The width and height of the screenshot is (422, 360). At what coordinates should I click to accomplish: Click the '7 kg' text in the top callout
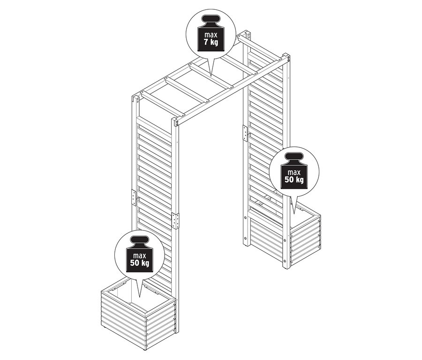click(211, 42)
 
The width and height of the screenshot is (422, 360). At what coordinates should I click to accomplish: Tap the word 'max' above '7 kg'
click(211, 35)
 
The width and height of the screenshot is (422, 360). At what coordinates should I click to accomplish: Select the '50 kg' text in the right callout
click(294, 180)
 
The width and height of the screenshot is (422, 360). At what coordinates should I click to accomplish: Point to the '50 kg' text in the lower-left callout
click(139, 263)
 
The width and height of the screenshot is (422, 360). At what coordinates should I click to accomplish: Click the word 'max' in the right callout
click(294, 172)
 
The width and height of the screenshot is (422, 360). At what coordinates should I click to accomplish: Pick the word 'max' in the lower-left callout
click(139, 255)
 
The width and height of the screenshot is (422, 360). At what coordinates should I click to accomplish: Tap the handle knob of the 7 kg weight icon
click(211, 19)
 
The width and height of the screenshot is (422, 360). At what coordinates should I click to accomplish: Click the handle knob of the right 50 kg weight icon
click(294, 157)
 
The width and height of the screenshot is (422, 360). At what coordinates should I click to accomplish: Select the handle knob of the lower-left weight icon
click(139, 240)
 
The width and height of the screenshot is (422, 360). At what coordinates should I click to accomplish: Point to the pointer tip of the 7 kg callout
click(211, 76)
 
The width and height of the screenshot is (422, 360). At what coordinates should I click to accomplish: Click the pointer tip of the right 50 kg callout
click(294, 214)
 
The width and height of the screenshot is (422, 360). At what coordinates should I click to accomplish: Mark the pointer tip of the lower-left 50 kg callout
click(140, 297)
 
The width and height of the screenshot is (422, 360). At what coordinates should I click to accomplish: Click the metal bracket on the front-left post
click(175, 221)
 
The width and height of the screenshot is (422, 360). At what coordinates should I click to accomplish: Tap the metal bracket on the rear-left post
click(134, 198)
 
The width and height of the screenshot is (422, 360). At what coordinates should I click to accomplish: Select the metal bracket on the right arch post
click(245, 133)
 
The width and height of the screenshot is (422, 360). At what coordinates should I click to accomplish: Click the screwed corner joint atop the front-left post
click(177, 123)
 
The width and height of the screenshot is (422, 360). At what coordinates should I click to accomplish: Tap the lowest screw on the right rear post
click(245, 238)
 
